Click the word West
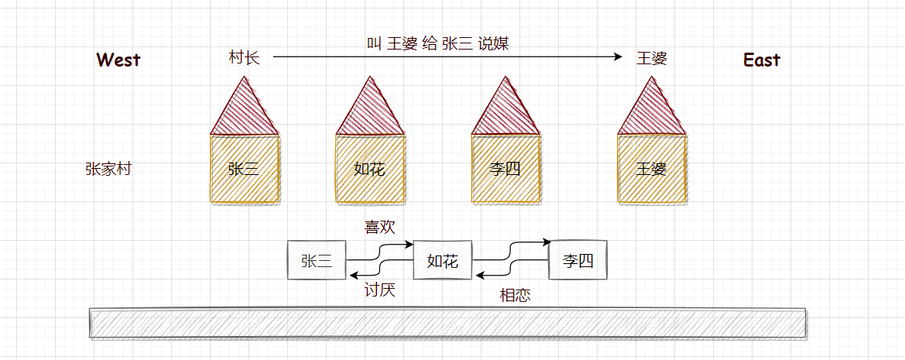(118, 60)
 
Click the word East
(762, 60)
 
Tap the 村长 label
(244, 58)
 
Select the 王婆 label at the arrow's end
(651, 58)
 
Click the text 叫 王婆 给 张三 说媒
(437, 43)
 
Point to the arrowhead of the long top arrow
(619, 57)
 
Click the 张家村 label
(108, 169)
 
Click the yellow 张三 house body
(244, 170)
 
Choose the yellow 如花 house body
(369, 170)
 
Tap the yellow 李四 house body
(506, 170)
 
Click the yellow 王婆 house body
(651, 170)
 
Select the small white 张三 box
(317, 261)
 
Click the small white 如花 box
(443, 261)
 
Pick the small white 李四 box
(578, 260)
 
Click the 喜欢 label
(380, 227)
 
